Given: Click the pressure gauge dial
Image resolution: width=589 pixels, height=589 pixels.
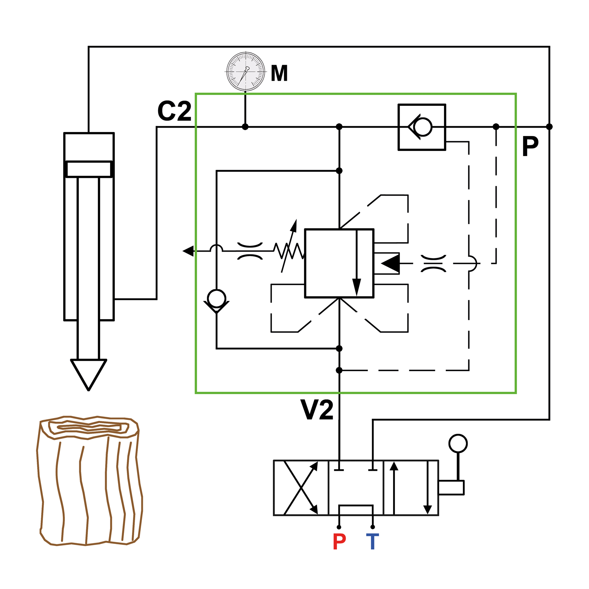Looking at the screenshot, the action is (x=246, y=72).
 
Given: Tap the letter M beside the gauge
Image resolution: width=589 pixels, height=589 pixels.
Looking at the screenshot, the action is (x=279, y=73).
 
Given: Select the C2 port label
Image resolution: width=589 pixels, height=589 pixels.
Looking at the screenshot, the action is (x=175, y=111).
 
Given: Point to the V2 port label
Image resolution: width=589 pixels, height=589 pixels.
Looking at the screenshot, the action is (x=317, y=410).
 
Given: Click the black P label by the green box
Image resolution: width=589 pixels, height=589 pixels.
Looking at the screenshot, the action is (x=530, y=146).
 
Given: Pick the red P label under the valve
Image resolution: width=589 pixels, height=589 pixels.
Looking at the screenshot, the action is (x=339, y=542).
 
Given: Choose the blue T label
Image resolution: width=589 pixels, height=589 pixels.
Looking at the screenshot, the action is (x=373, y=542).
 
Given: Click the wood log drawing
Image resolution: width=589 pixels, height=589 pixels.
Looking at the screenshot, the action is (x=89, y=481).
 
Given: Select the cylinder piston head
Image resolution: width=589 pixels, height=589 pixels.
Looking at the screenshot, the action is (x=89, y=169).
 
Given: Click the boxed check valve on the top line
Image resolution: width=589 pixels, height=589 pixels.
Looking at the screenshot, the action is (x=422, y=127).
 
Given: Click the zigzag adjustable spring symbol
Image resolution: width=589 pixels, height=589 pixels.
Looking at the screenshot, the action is (x=289, y=251).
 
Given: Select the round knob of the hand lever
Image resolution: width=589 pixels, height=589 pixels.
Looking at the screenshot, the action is (x=458, y=444).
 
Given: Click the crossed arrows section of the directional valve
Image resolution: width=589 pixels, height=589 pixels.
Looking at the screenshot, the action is (x=301, y=488).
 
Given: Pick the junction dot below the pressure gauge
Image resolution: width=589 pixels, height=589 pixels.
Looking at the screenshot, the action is (x=245, y=127).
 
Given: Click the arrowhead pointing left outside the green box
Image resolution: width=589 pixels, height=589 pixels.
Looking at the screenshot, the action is (x=188, y=251).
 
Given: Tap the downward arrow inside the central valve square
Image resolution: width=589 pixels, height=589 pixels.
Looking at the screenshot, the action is (x=357, y=263).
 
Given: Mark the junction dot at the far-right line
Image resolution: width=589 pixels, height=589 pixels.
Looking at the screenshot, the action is (x=549, y=127).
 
